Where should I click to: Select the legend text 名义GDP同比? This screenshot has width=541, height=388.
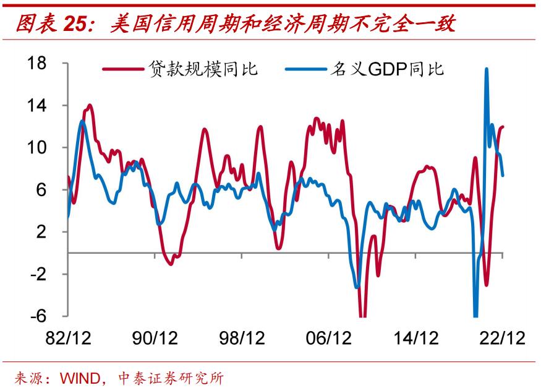click(x=391, y=69)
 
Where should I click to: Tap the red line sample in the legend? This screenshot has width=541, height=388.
click(x=123, y=69)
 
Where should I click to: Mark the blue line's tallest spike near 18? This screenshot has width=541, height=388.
click(x=487, y=69)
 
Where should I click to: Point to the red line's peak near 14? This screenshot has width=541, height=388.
click(x=90, y=106)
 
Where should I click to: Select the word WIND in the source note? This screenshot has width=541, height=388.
click(x=79, y=377)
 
